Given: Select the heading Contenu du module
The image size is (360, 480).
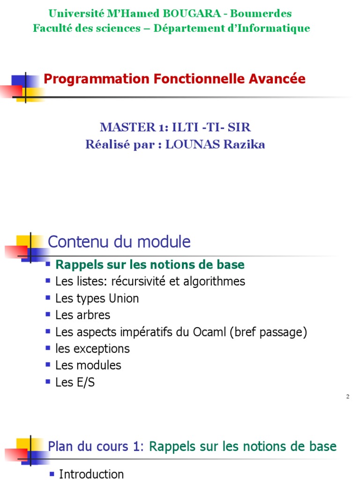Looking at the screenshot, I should pyautogui.click(x=119, y=242).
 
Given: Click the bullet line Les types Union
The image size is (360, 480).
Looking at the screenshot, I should pyautogui.click(x=97, y=298).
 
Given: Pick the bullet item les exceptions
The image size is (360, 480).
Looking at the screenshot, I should pyautogui.click(x=92, y=349).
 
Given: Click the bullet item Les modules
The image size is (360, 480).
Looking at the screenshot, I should pyautogui.click(x=88, y=365).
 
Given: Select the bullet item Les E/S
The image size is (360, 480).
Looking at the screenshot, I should pyautogui.click(x=75, y=382).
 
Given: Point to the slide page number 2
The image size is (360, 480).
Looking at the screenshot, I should pyautogui.click(x=348, y=397).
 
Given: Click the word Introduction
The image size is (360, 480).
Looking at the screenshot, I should pyautogui.click(x=91, y=474).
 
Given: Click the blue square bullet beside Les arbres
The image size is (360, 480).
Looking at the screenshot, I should pyautogui.click(x=48, y=314).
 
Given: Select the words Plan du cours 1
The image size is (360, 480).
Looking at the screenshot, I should pyautogui.click(x=94, y=446).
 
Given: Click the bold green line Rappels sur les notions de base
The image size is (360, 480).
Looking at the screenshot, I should pyautogui.click(x=150, y=264).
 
